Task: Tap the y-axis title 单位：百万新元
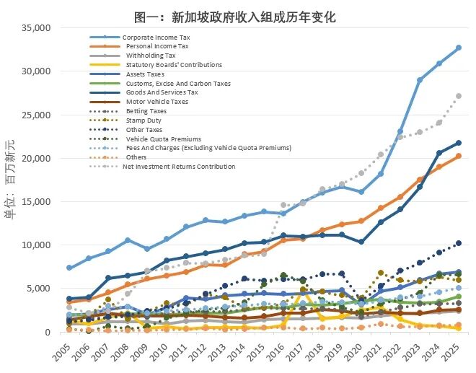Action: pyautogui.click(x=10, y=180)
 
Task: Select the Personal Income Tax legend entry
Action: pyautogui.click(x=157, y=46)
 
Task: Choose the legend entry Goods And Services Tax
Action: pyautogui.click(x=162, y=92)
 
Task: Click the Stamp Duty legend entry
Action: pyautogui.click(x=144, y=120)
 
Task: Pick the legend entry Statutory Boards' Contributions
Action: pyautogui.click(x=174, y=65)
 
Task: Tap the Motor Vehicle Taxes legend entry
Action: pyautogui.click(x=157, y=102)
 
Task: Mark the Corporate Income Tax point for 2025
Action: pyautogui.click(x=459, y=48)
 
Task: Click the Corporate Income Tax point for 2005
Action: pyautogui.click(x=69, y=268)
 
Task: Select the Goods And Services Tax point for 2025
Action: pyautogui.click(x=459, y=143)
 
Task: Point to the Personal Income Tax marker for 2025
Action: pyautogui.click(x=459, y=156)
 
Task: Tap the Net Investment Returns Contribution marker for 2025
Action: pyautogui.click(x=459, y=96)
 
